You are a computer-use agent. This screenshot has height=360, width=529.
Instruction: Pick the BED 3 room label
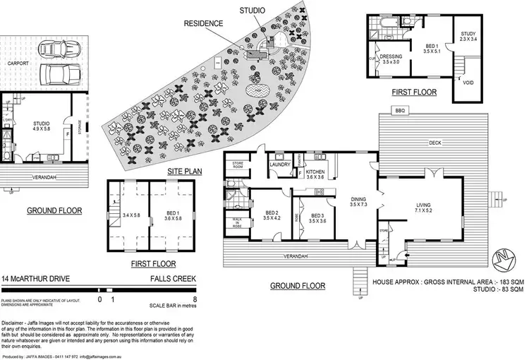[317, 217]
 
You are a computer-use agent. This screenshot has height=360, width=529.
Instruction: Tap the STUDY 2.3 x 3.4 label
[468, 37]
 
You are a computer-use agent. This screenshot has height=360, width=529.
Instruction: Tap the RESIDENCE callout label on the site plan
[204, 23]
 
